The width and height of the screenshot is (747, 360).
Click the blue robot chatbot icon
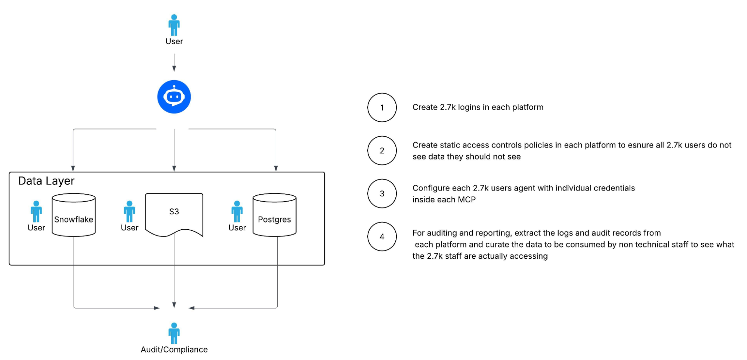[174, 97]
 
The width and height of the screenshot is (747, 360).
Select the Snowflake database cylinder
[74, 215]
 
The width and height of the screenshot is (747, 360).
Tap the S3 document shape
[174, 215]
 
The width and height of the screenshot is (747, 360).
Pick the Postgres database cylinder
[275, 215]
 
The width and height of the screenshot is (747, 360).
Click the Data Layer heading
[46, 181]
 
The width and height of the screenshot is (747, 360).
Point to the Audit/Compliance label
[174, 350]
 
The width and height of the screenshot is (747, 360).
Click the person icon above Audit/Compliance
[174, 333]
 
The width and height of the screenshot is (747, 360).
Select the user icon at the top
[174, 25]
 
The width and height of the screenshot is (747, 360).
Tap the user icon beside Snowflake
[36, 211]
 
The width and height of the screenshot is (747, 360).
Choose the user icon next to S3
[129, 211]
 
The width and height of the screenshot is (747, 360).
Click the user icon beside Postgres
[237, 211]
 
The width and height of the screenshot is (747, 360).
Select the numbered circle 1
[382, 108]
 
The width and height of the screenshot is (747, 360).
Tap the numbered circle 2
[382, 150]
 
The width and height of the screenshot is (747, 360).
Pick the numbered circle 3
[382, 193]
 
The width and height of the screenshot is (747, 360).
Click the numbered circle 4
[382, 236]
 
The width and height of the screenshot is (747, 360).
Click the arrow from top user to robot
[174, 62]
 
